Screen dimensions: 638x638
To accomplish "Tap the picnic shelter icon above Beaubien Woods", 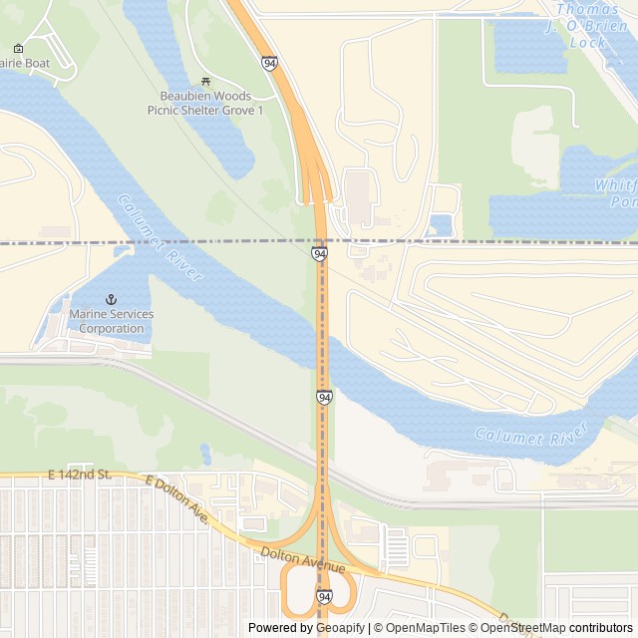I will click(205, 82).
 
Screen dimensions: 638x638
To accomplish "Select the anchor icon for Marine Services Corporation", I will click(112, 299).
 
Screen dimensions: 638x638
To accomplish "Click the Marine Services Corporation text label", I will click(112, 321).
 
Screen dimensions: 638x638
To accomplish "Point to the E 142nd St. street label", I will click(78, 474).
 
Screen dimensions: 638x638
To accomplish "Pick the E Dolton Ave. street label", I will click(176, 498).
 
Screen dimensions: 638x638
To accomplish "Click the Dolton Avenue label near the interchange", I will click(302, 560).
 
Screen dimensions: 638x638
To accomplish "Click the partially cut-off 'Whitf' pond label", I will click(615, 193).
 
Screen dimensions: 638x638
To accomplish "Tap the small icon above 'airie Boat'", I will click(18, 48).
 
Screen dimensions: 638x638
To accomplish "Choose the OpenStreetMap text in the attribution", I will click(523, 628).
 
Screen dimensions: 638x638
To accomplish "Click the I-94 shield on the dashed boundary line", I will click(319, 254).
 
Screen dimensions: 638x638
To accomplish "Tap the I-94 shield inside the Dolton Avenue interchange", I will click(324, 596).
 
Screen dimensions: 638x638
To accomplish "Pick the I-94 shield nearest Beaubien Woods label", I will click(270, 64).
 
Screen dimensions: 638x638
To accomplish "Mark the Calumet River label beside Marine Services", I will click(159, 236).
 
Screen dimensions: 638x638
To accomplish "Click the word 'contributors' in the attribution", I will click(600, 628).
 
